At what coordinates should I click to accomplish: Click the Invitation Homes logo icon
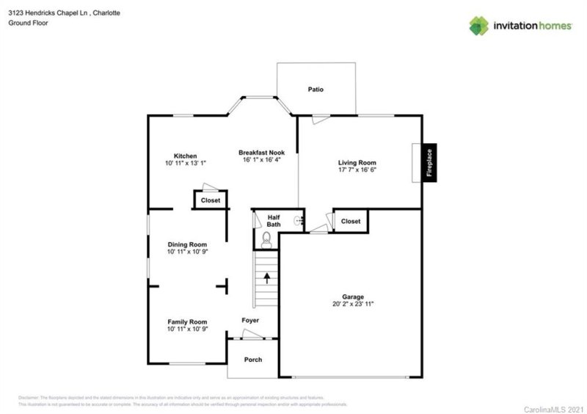[479, 26]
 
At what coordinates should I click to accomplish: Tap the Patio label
[316, 90]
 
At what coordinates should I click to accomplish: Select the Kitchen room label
[185, 156]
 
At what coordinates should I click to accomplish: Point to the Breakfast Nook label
[261, 152]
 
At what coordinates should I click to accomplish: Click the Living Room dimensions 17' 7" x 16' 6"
[357, 170]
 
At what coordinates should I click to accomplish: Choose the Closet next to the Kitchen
[211, 200]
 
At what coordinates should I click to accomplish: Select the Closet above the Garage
[351, 221]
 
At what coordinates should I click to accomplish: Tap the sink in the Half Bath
[297, 220]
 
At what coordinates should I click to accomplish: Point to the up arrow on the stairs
[267, 278]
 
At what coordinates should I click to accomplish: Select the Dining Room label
[187, 244]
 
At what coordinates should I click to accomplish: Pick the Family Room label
[187, 322]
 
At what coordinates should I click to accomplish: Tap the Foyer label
[251, 320]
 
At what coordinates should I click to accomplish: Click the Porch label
[252, 360]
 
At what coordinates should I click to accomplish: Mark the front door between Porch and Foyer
[252, 338]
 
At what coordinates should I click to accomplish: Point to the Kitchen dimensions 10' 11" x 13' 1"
[185, 163]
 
